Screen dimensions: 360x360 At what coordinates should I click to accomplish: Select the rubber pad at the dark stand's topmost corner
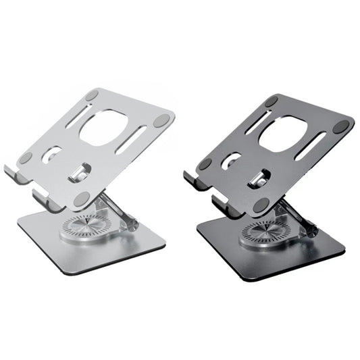tap(272, 101)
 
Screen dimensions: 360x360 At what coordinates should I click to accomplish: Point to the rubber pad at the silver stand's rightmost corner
tap(162, 120)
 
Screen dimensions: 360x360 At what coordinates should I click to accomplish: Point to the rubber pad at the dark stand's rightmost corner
tap(342, 126)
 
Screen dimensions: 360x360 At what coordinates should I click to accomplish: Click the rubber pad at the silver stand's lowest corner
tap(82, 197)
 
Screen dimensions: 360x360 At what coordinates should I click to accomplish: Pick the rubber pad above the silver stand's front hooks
tap(25, 158)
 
